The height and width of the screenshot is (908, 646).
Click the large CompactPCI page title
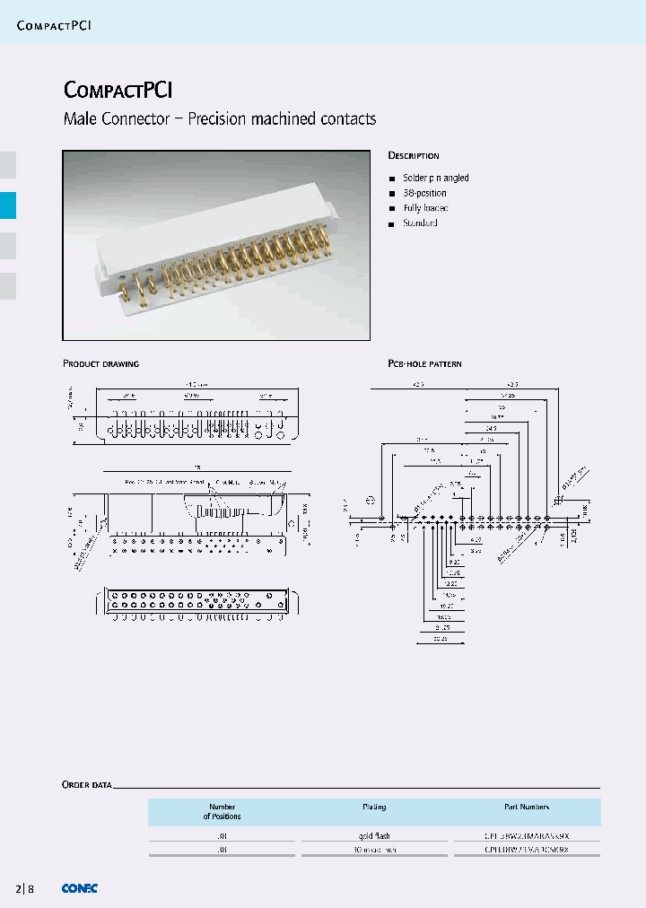coord(118,90)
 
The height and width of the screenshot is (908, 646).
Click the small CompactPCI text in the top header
coord(54,25)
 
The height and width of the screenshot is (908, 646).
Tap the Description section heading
coord(413,155)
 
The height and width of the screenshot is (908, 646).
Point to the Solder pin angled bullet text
coord(435,178)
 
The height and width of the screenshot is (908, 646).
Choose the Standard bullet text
coord(420,223)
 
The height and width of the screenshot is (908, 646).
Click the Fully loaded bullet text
coord(425,208)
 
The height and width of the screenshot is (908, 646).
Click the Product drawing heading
coord(100,363)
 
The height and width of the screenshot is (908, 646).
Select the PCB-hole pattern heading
coord(424,363)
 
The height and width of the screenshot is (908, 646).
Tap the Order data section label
coord(87,784)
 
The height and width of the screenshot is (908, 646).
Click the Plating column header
coord(374,807)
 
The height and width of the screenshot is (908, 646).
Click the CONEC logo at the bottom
coord(79,888)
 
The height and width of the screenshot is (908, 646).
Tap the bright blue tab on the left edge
coord(8,205)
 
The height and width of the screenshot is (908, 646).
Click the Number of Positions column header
coord(223,811)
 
